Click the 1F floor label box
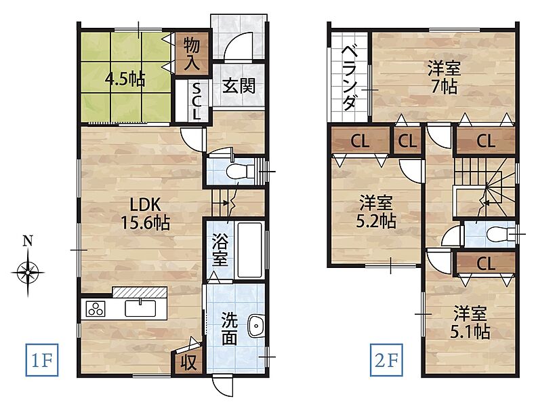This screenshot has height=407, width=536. point(41,360)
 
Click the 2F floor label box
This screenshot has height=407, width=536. point(386,360)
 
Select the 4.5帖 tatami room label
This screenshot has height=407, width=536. point(125,80)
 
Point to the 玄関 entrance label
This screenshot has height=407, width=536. point(239,85)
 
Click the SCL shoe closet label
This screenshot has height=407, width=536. point(196,102)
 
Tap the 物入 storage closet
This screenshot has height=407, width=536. point(192,54)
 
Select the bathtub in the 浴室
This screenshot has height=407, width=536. point(250,250)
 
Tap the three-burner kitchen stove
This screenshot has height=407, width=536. point(96,309)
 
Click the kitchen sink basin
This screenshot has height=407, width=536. point(140,308)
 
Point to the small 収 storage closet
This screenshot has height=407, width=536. point(188,362)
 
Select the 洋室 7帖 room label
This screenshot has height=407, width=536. point(444,78)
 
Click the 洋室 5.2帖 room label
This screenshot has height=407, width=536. point(375,212)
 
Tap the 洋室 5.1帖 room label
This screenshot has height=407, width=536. point(470,323)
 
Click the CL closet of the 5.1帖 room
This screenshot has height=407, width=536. point(486,263)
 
